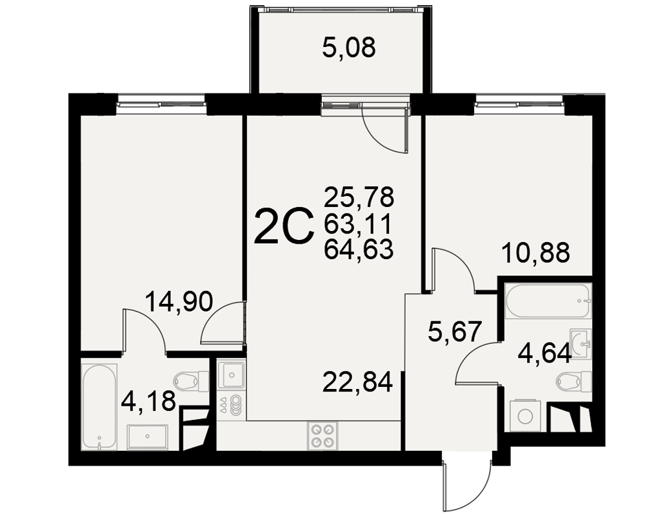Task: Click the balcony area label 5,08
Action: tap(349, 48)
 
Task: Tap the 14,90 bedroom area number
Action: tap(179, 302)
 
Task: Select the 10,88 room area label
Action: tap(535, 252)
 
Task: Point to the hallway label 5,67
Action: tap(455, 332)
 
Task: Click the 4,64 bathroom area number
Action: tap(544, 353)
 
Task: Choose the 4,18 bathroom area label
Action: tap(148, 401)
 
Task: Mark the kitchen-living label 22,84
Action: tap(357, 382)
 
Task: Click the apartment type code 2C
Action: tap(284, 227)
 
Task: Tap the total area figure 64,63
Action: tap(359, 250)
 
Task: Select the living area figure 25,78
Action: tap(359, 197)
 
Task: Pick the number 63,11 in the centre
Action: tap(357, 224)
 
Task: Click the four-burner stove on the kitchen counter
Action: tap(322, 436)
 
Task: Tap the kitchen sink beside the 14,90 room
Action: tap(232, 375)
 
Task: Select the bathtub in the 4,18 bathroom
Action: tap(99, 407)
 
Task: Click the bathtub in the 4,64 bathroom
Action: tap(548, 301)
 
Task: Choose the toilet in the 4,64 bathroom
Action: tap(574, 381)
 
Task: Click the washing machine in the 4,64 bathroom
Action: tap(525, 416)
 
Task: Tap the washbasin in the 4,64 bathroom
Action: tap(580, 344)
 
